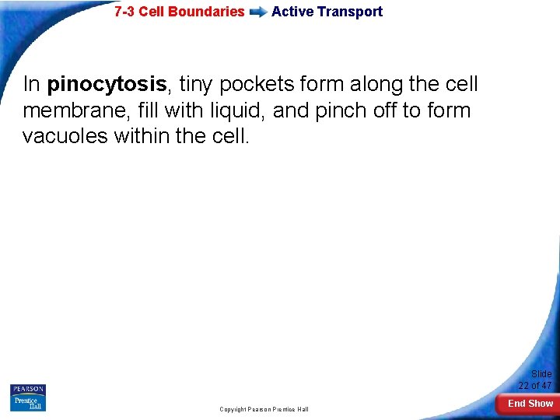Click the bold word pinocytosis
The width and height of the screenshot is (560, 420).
pos(107,84)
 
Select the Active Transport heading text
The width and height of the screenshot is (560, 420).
pos(327,12)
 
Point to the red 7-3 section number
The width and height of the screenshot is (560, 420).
pos(124,12)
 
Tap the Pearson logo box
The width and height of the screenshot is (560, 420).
pos(27,389)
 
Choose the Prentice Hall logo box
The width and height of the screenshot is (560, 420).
pos(27,403)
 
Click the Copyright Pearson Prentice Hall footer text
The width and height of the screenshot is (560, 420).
pos(264,409)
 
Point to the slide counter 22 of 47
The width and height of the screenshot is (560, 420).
pos(535,386)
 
